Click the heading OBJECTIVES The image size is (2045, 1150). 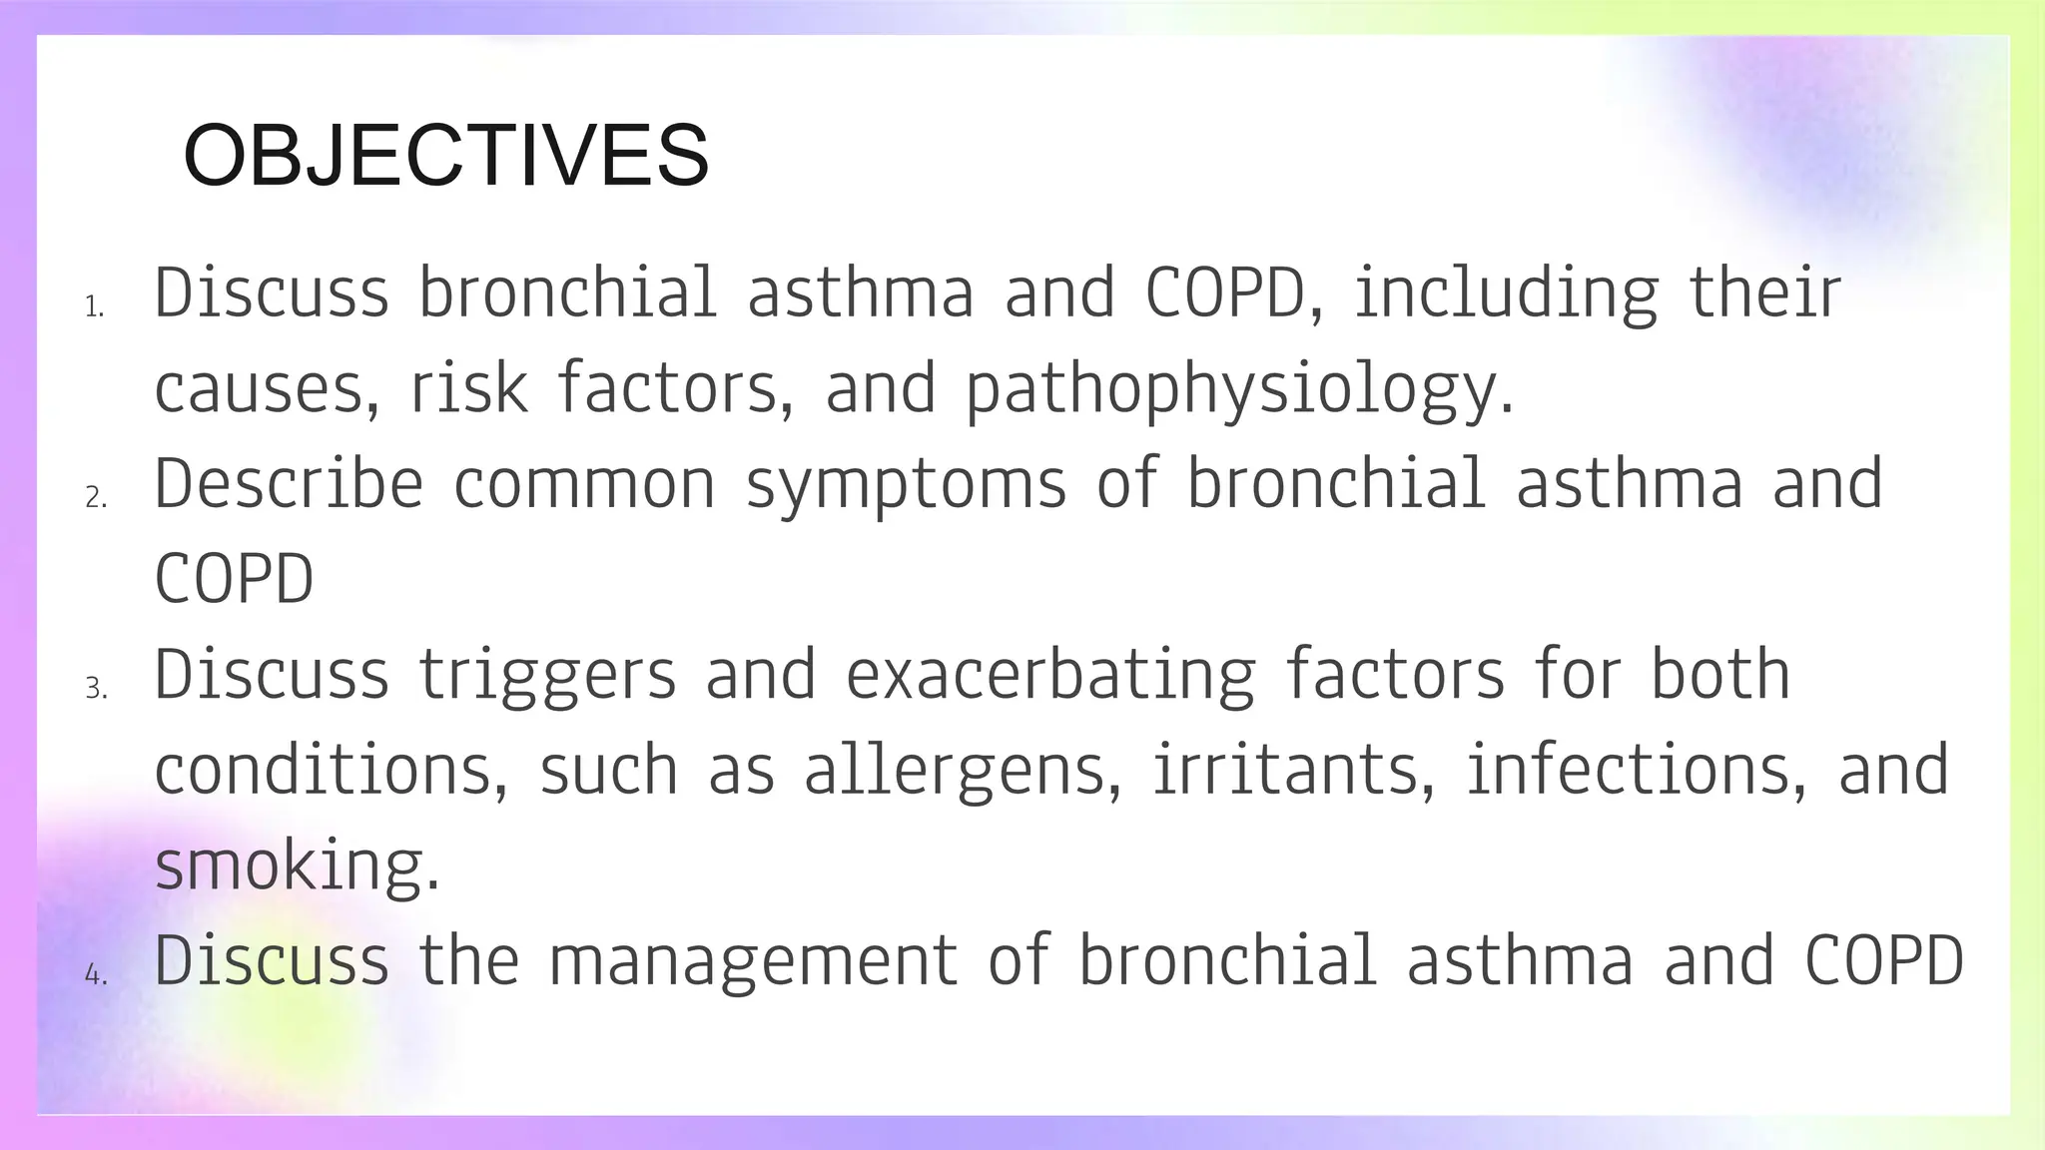click(445, 155)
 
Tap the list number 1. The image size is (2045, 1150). click(94, 307)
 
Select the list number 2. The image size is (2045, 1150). click(96, 497)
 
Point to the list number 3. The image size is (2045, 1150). click(96, 689)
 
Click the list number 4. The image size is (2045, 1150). click(96, 974)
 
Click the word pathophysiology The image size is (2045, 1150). click(1238, 389)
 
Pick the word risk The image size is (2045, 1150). click(468, 389)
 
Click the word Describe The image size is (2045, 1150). click(289, 484)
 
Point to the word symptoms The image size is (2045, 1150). click(906, 484)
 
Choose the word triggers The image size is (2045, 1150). click(547, 676)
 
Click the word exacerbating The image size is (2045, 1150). click(1050, 676)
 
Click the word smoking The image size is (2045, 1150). click(297, 866)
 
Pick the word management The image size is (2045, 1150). click(753, 961)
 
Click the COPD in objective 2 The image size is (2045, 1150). click(234, 580)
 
